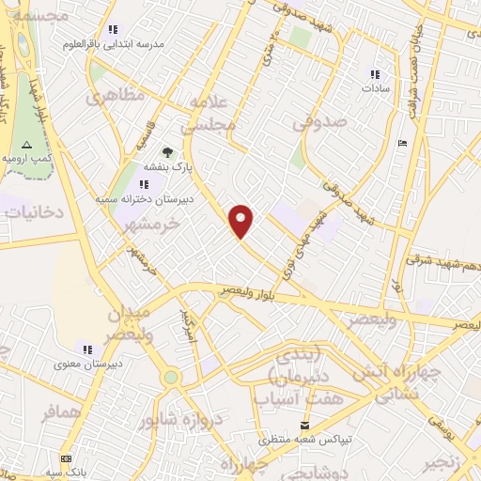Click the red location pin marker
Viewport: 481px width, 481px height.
(242, 221)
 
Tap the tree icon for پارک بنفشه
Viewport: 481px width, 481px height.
(167, 151)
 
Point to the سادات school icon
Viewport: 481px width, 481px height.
(376, 74)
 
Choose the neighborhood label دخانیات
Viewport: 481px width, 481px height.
(34, 212)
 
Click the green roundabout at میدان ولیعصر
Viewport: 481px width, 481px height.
(170, 377)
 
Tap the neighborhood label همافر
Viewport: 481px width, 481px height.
(63, 412)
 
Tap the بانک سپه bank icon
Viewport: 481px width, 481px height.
(65, 458)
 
